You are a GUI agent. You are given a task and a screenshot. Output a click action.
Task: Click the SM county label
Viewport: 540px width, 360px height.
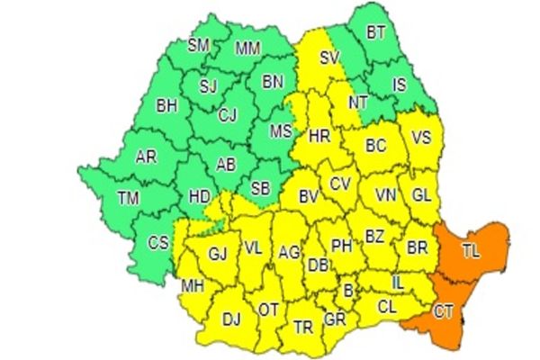(198, 44)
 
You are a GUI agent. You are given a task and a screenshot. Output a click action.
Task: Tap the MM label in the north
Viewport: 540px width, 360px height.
(247, 49)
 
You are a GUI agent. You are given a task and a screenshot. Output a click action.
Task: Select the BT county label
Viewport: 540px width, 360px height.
(375, 33)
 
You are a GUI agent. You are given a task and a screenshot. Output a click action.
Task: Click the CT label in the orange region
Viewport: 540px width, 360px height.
(444, 312)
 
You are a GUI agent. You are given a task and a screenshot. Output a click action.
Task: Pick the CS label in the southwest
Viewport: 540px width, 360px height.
(158, 242)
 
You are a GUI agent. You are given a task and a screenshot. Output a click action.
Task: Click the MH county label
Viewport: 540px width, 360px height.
(192, 287)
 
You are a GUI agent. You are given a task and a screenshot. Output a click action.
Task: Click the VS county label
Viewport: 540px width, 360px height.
(420, 139)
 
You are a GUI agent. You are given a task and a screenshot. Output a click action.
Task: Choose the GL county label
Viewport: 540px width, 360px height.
(420, 194)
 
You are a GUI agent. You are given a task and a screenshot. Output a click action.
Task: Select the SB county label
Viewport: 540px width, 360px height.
(259, 188)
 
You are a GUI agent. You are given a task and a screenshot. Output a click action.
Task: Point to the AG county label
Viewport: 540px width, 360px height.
(289, 253)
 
